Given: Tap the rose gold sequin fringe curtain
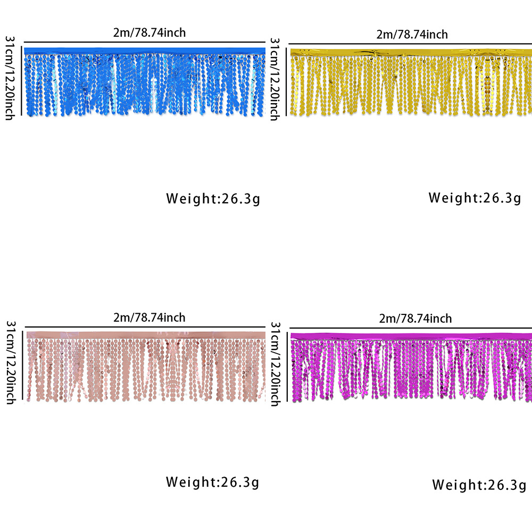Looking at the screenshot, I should coord(145,367).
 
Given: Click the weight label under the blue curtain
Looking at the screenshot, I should coord(213,199).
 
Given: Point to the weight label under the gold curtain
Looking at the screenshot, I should coord(475,198).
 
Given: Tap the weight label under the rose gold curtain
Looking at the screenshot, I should coord(213,482).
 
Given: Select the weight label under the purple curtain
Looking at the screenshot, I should coord(479,485).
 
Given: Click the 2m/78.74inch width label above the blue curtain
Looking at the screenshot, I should coord(149,32).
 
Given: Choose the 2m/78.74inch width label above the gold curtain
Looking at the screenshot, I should coord(412,35).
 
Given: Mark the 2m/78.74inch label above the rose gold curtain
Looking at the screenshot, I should coord(149,318).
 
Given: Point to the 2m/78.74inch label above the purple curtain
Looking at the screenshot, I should coord(415,319).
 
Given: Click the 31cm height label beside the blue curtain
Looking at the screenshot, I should coord(10,78).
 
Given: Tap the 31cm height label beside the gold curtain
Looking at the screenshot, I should coord(275,79).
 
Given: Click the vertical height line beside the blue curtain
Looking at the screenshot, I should coord(21,80).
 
